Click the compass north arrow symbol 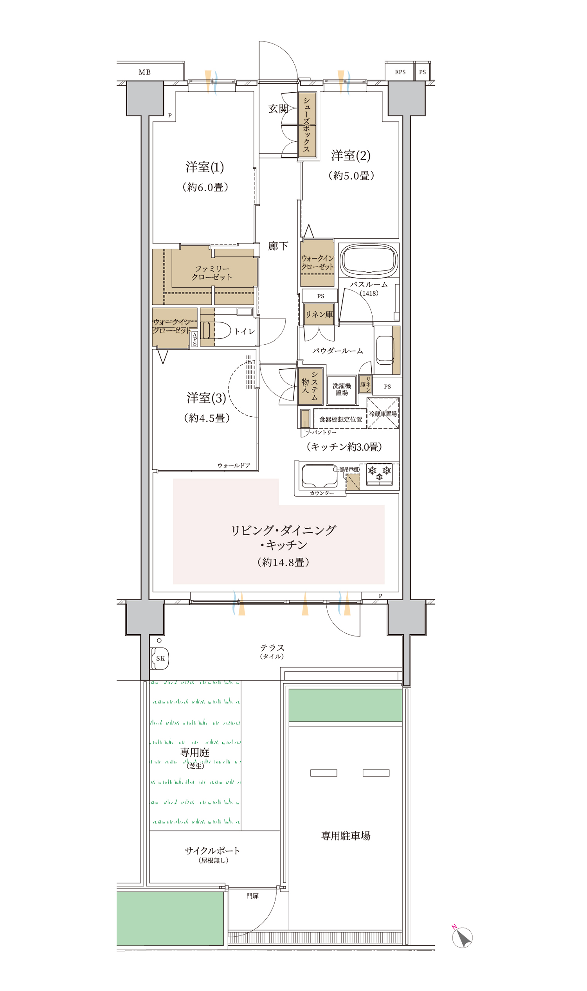[462, 937]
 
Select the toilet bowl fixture [216, 330]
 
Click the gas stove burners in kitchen [379, 474]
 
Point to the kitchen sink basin [320, 476]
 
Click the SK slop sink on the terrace [160, 658]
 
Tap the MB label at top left [144, 72]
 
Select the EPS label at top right [400, 72]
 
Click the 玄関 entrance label [278, 109]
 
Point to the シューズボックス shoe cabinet [307, 125]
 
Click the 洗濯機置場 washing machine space [341, 390]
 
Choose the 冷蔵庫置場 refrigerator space [383, 414]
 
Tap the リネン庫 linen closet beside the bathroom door [319, 315]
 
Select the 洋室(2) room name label [351, 155]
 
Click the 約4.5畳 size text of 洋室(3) [207, 418]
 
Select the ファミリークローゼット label [212, 273]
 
